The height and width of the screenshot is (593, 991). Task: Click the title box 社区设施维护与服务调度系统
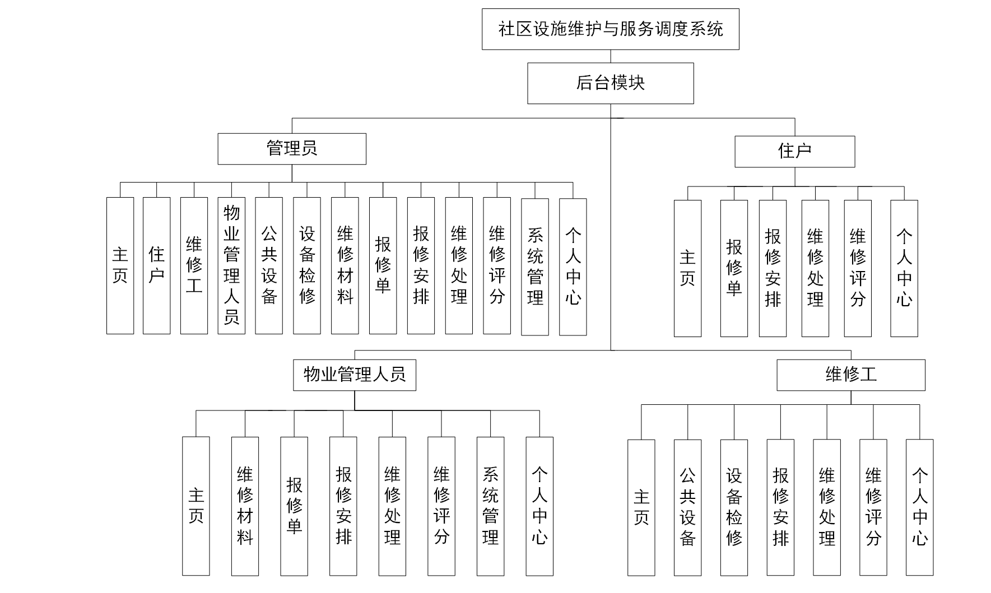610,29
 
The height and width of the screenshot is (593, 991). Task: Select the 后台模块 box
610,83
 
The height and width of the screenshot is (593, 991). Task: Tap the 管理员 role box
292,149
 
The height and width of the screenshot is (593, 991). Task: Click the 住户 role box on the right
794,151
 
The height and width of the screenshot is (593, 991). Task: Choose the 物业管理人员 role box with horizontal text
354,375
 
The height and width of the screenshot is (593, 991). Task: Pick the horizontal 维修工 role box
850,375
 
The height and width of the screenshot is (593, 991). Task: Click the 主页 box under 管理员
120,265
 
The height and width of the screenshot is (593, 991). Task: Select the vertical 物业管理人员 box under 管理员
231,265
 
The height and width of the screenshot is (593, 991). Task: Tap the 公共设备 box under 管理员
269,265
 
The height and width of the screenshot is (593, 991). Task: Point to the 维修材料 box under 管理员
345,265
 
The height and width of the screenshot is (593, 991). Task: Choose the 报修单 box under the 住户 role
734,268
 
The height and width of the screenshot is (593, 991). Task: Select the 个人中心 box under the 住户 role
904,268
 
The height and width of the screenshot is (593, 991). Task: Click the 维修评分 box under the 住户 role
858,268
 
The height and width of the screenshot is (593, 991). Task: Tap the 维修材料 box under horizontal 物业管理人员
245,506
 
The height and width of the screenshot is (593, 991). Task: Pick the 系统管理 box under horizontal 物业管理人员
490,506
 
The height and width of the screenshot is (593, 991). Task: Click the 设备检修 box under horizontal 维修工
734,507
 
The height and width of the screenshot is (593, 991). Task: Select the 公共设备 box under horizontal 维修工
687,507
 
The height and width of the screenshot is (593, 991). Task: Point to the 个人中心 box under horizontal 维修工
919,507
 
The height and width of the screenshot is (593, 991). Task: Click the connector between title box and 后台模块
611,56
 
